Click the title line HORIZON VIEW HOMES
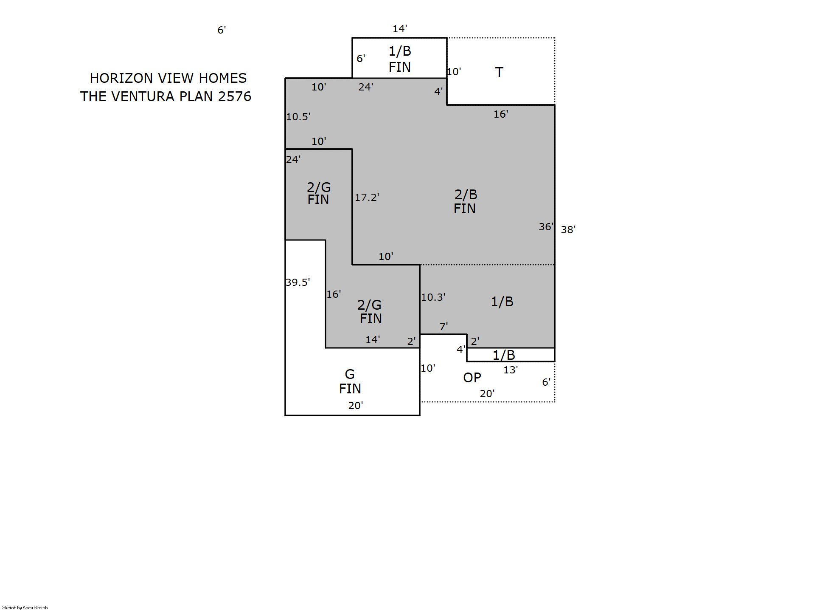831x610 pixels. point(168,78)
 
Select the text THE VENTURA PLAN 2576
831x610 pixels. point(166,96)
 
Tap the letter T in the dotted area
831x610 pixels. point(499,72)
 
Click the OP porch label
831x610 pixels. point(472,377)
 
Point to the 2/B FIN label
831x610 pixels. point(465,201)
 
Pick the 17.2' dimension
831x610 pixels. point(367,197)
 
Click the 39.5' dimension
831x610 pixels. point(298,282)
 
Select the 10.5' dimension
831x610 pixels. point(298,116)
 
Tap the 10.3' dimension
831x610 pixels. point(433,297)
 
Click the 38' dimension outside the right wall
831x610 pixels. point(568,229)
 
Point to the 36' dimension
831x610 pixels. point(546,227)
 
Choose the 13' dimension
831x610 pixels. point(510,370)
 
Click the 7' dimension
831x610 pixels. point(444,326)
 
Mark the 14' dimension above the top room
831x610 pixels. point(399,29)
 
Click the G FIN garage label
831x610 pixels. point(350,381)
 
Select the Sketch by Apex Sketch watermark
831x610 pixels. point(25,607)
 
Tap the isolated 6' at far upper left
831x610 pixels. point(222,30)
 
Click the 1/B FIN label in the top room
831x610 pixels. point(400,59)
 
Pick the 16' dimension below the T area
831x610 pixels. point(501,114)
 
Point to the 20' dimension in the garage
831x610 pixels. point(355,405)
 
